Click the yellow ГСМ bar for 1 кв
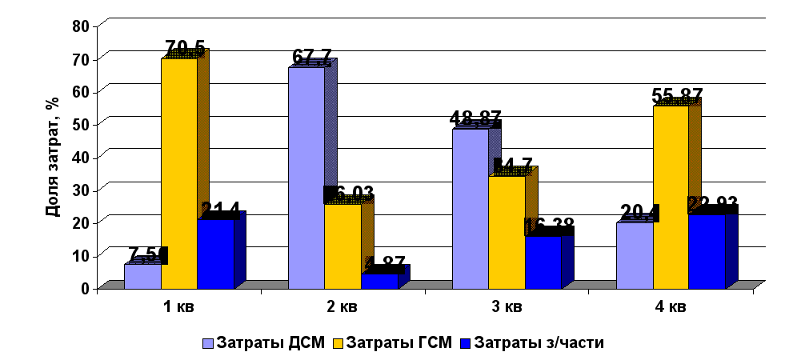pos(179,172)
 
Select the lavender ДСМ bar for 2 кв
pos(306,177)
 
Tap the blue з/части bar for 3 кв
pos(543,262)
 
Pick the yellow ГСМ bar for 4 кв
pos(671,196)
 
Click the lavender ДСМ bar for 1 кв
pos(142,275)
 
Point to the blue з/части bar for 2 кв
pos(378,281)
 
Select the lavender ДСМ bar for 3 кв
pos(471,207)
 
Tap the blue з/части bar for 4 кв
pos(707,251)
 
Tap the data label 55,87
pos(676,96)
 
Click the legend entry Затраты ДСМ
pos(263,343)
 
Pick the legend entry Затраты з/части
pos(532,343)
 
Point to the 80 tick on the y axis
pos(81,26)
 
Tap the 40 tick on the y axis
pos(81,157)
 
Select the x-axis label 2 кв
pos(342,306)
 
